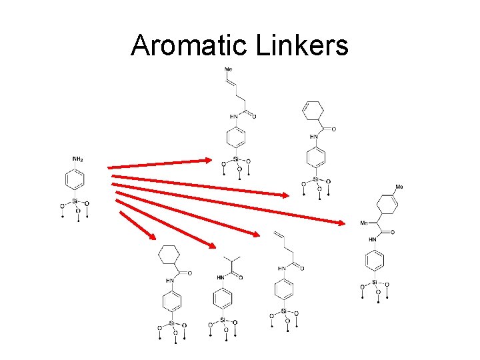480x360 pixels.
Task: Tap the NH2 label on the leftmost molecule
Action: pyautogui.click(x=77, y=159)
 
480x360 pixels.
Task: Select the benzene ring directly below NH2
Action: pyautogui.click(x=75, y=180)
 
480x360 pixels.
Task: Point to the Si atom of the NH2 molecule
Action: pyautogui.click(x=75, y=201)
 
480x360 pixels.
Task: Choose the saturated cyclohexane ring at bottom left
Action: pyautogui.click(x=169, y=255)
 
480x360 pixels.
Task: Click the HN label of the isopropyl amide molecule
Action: pyautogui.click(x=221, y=277)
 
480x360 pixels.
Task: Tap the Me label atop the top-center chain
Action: pyautogui.click(x=229, y=69)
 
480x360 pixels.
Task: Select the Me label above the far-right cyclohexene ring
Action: pyautogui.click(x=399, y=187)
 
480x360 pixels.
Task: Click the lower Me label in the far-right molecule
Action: pyautogui.click(x=364, y=223)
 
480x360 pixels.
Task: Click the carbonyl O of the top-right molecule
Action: pyautogui.click(x=333, y=129)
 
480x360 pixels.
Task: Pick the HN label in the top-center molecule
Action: pyautogui.click(x=233, y=117)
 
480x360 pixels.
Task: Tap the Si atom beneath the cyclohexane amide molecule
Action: pyautogui.click(x=172, y=323)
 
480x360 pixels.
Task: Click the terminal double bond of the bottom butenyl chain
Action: pyautogui.click(x=279, y=235)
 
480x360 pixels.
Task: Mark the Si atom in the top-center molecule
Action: pyautogui.click(x=236, y=159)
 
